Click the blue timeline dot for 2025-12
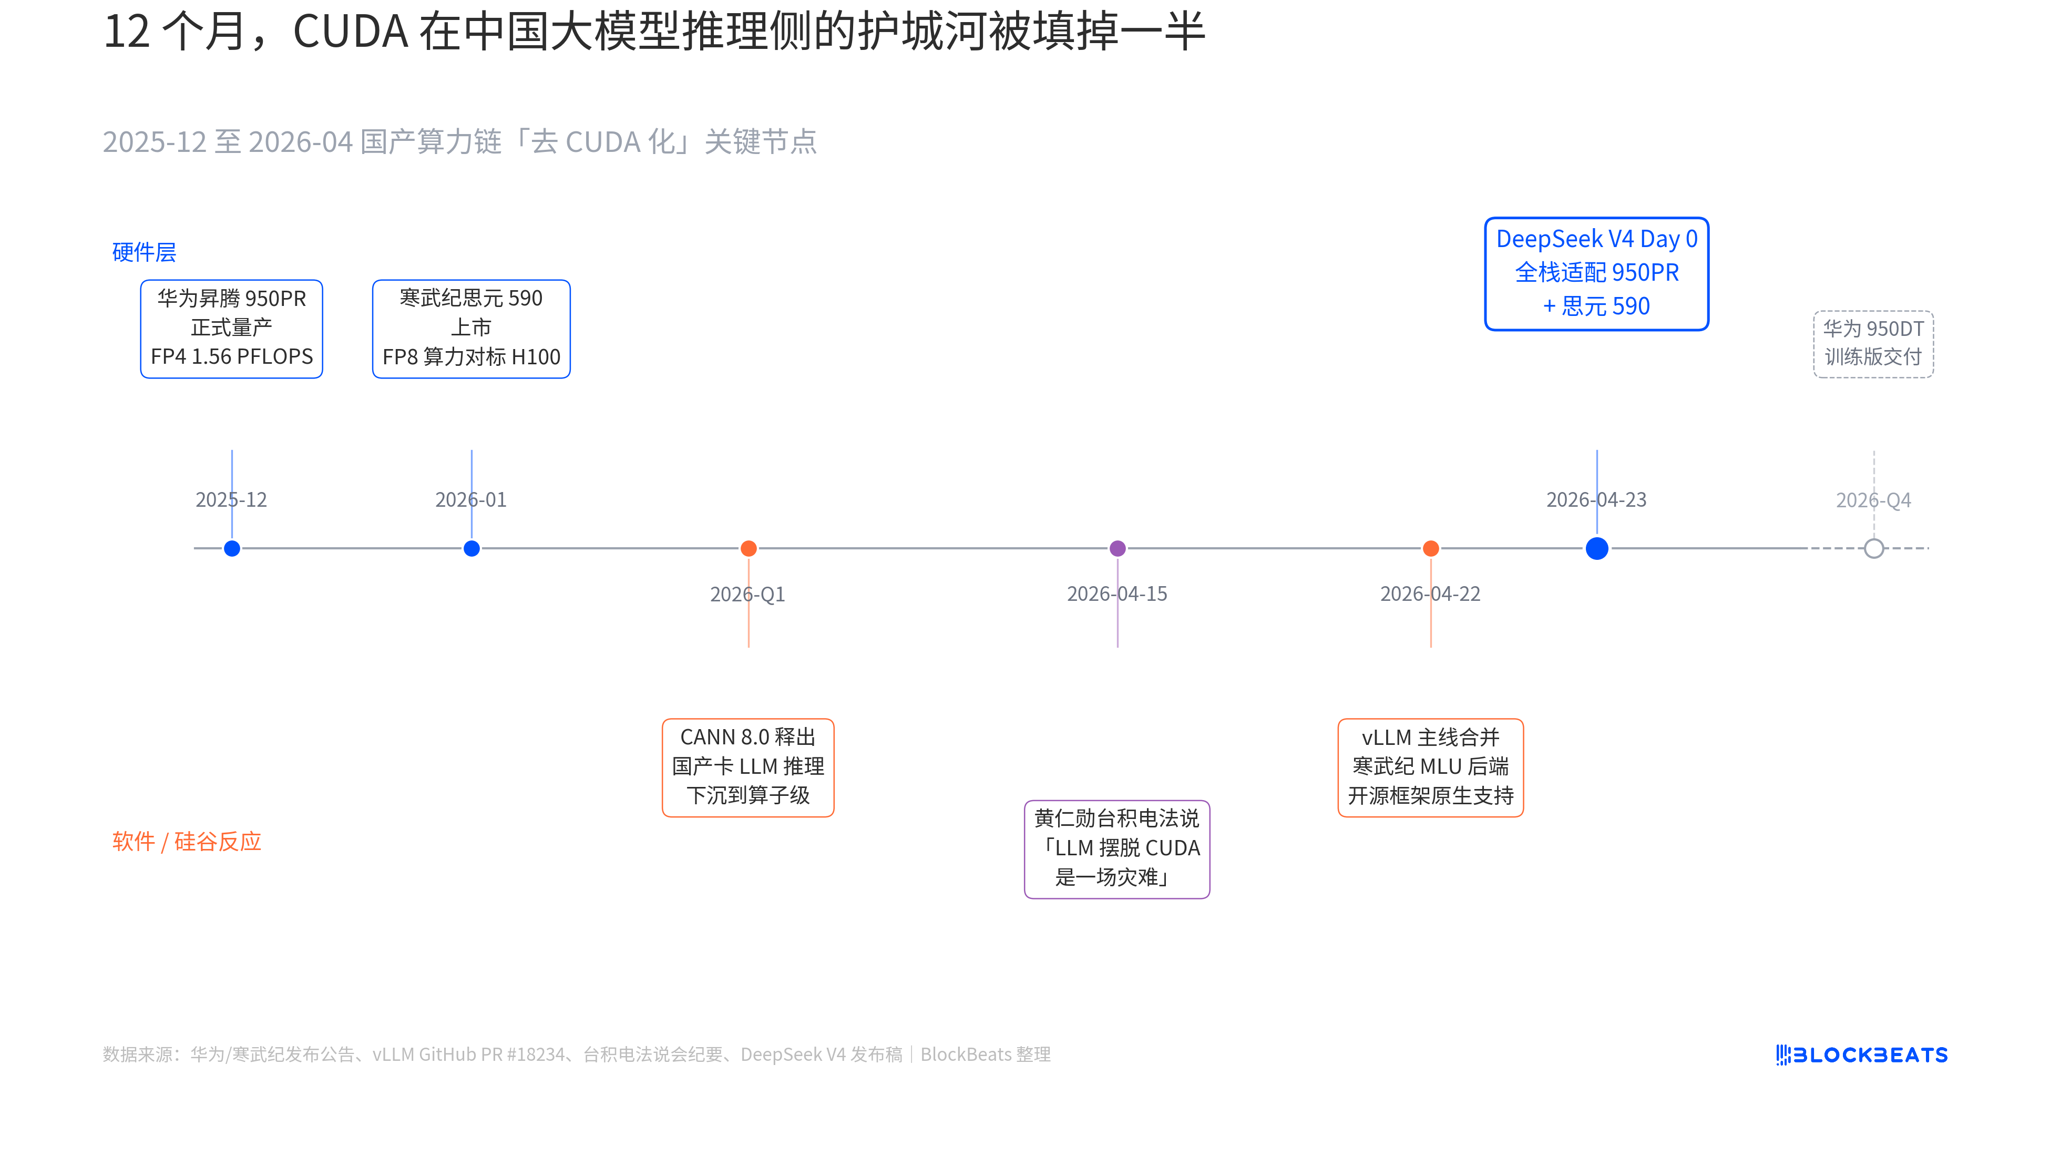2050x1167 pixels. [x=232, y=548]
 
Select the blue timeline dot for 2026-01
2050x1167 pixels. [x=471, y=548]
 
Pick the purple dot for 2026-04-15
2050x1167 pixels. [x=1117, y=548]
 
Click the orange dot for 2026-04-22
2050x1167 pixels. [x=1430, y=548]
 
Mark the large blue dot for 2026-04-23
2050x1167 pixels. [x=1596, y=548]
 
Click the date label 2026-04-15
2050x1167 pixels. [x=1116, y=594]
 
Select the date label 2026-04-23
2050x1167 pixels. [x=1596, y=500]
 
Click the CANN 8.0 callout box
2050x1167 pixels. [x=747, y=767]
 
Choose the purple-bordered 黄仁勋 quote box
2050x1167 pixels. [x=1116, y=849]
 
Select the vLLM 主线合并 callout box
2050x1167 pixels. [x=1430, y=767]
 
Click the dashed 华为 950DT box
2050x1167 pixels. [x=1873, y=344]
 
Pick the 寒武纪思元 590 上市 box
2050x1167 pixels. [x=471, y=329]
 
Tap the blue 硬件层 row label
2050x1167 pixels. [x=144, y=252]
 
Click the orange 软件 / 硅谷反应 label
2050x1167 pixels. [x=187, y=842]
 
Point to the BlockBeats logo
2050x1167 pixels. [x=1861, y=1055]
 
